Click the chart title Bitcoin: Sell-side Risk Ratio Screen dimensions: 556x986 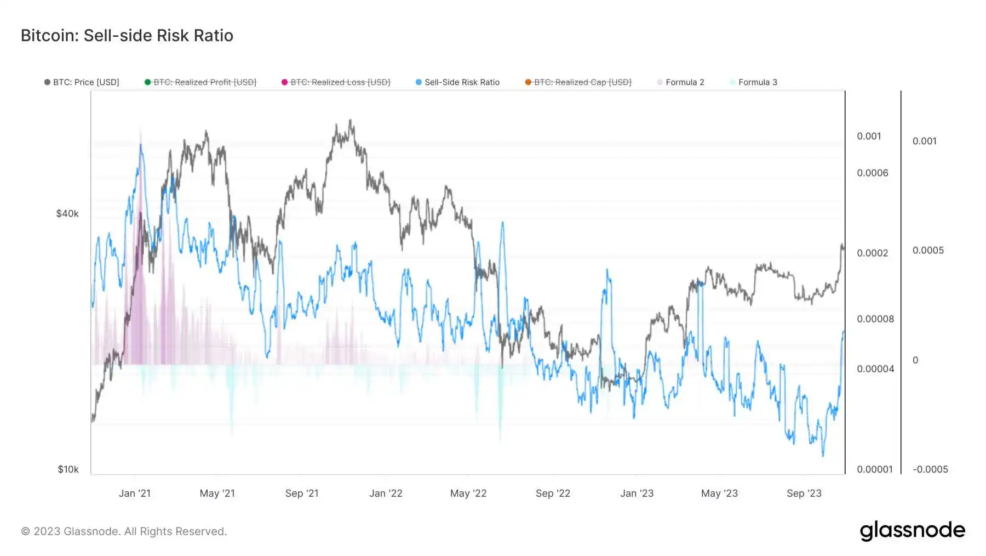tap(127, 36)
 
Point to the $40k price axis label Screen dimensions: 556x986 tap(67, 214)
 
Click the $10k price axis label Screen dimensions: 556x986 tap(68, 469)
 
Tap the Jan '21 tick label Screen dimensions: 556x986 tap(135, 493)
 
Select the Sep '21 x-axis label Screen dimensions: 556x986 tap(302, 493)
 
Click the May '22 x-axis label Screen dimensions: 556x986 tap(468, 493)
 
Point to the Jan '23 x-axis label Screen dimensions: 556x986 tap(637, 493)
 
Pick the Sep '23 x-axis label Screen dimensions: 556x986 tap(804, 493)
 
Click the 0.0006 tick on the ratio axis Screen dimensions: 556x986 tap(873, 173)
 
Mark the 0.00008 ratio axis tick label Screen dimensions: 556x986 tap(875, 319)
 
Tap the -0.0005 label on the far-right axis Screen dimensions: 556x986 tap(930, 469)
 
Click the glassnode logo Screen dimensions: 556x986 tap(912, 531)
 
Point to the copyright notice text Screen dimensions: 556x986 tap(124, 531)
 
